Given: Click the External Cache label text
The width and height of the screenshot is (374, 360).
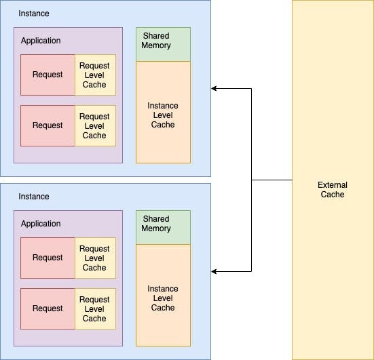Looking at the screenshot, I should (333, 190).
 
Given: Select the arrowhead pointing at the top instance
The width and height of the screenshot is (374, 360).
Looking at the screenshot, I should (214, 88).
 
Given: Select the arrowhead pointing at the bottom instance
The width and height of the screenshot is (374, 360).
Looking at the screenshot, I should (214, 271).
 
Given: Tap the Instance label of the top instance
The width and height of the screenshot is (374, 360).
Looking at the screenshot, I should (33, 14).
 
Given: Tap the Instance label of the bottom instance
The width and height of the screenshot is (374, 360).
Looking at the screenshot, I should (33, 197).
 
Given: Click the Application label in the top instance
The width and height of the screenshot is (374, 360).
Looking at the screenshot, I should (41, 41).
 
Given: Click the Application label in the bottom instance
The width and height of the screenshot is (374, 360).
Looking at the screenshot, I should (41, 224).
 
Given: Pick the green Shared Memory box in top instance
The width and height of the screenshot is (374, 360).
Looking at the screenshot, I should (163, 44).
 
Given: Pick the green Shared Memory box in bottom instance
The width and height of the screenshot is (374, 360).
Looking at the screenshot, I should (163, 227).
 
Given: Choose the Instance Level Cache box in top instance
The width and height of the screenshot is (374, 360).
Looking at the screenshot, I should (163, 115).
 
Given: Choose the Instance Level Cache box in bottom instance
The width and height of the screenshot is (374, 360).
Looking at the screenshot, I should (163, 298).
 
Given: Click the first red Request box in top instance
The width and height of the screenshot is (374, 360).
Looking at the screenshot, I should (48, 75).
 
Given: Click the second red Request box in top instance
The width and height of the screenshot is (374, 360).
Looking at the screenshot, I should (48, 125).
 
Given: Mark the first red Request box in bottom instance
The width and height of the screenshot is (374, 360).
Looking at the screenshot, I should (48, 258).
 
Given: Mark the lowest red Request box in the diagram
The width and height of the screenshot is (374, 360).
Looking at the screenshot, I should (48, 308).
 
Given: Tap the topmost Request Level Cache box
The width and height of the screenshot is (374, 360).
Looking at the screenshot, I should (95, 75).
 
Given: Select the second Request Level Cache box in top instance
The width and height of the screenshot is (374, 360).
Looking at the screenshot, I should (95, 125).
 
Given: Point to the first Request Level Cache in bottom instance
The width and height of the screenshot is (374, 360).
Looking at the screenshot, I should (95, 258).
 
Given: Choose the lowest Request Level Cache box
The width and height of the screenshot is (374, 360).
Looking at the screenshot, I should (95, 308).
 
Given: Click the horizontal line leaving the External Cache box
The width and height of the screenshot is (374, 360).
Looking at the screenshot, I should (272, 180).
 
